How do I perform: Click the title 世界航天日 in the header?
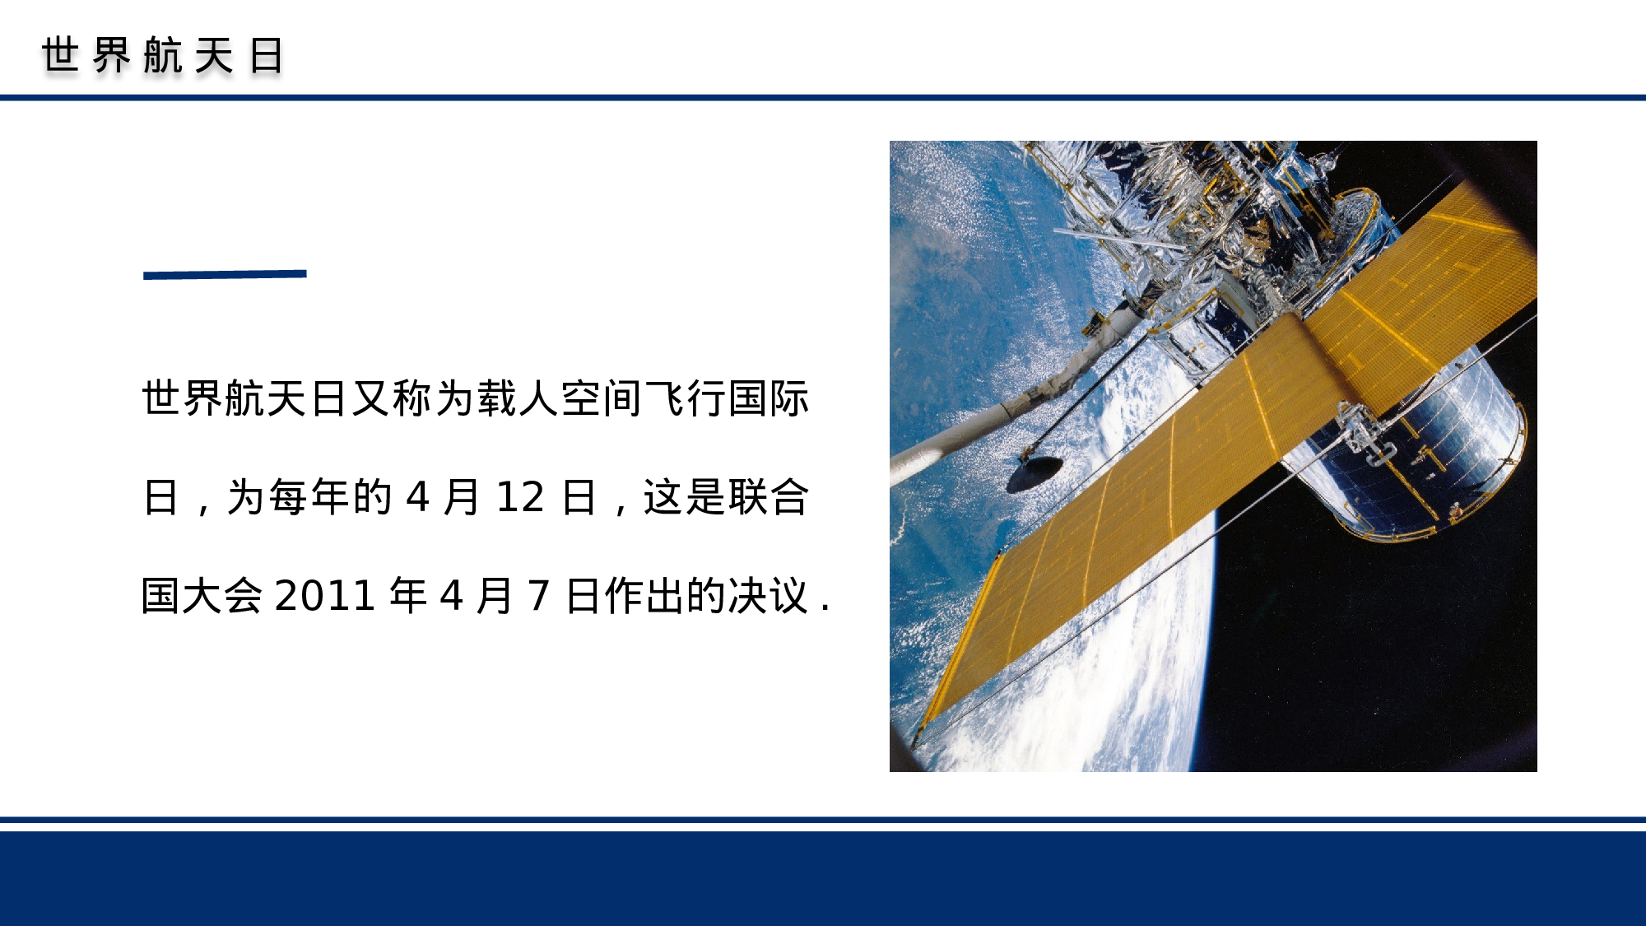point(163,56)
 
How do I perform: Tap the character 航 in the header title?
point(163,56)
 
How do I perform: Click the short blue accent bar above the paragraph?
point(225,274)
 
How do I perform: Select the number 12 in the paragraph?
point(520,497)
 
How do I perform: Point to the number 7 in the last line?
point(538,596)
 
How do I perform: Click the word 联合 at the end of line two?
point(767,497)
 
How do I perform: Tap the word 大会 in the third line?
point(222,596)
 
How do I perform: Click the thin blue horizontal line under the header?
point(823,97)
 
